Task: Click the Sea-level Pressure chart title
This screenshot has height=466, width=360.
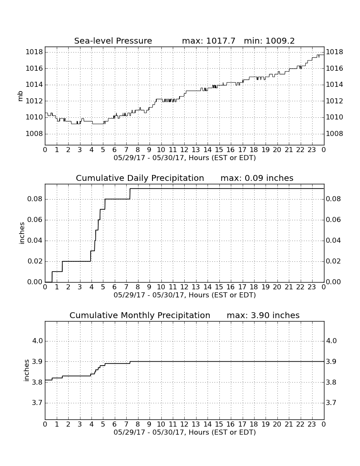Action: (x=113, y=41)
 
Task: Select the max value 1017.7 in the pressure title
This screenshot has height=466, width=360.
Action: (x=221, y=41)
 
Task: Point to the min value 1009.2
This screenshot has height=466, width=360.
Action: (x=280, y=41)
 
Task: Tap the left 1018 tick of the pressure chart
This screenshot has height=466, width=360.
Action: (x=34, y=52)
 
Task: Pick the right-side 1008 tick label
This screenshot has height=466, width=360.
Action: (x=335, y=134)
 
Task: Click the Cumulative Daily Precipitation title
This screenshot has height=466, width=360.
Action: (x=140, y=178)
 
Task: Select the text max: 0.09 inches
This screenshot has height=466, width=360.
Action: (x=257, y=178)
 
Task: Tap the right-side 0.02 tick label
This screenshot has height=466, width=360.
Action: (x=333, y=261)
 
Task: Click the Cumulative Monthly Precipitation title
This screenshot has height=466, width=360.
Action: (x=140, y=315)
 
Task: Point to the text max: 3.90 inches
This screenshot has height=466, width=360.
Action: (x=263, y=315)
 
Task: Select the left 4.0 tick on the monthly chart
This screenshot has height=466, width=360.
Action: (x=37, y=341)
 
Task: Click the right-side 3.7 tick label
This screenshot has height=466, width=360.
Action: (x=332, y=403)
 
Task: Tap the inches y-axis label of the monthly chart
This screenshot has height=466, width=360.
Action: (x=27, y=370)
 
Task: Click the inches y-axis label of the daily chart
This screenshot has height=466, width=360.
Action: (x=22, y=233)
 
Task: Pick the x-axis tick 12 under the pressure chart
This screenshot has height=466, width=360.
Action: (x=184, y=150)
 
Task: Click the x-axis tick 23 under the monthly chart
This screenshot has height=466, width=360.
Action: (x=312, y=424)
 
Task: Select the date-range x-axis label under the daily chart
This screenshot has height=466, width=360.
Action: (x=185, y=295)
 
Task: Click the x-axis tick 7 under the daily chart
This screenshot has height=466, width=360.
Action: (x=126, y=287)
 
